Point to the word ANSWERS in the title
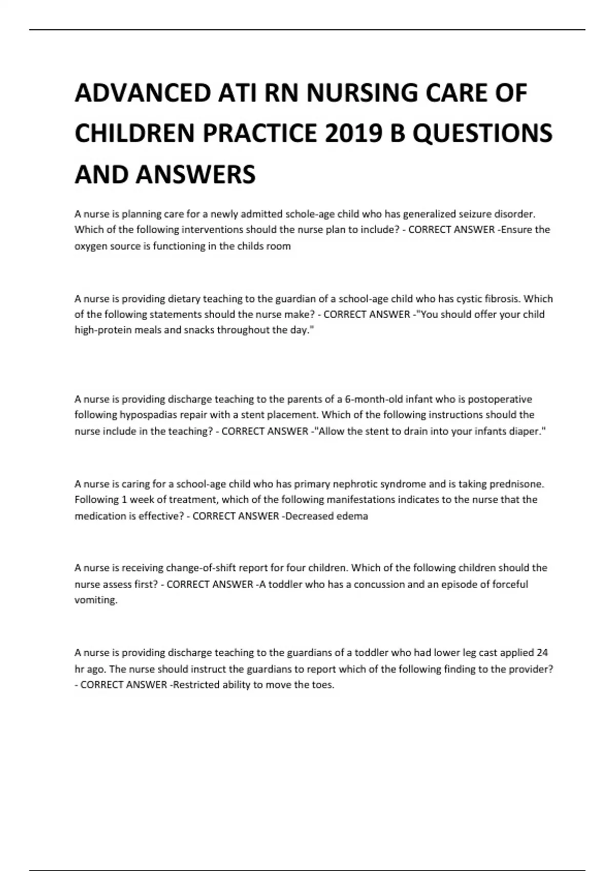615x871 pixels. (195, 174)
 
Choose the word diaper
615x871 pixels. (527, 431)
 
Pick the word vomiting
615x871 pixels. (96, 600)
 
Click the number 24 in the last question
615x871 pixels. (542, 653)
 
